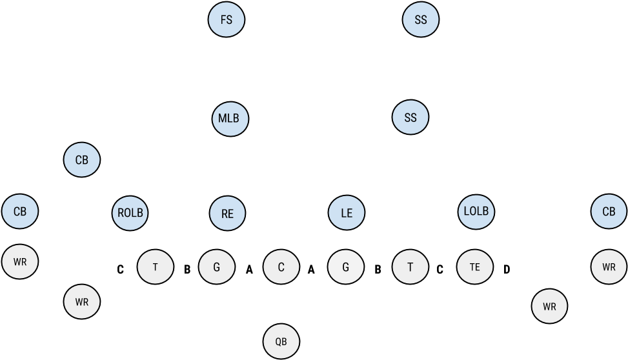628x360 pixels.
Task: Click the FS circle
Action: pyautogui.click(x=227, y=20)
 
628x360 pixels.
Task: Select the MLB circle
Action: pyautogui.click(x=230, y=118)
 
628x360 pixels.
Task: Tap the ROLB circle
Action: pyautogui.click(x=130, y=212)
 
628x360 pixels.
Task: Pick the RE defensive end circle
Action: pyautogui.click(x=228, y=213)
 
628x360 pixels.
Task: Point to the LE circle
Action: pyautogui.click(x=347, y=213)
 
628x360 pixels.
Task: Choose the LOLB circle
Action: pyautogui.click(x=477, y=212)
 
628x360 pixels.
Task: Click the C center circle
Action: pyautogui.click(x=281, y=266)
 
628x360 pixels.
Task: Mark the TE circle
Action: pyautogui.click(x=475, y=266)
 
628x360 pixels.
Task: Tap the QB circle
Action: pyautogui.click(x=281, y=341)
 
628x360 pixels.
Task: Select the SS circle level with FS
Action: pyautogui.click(x=421, y=20)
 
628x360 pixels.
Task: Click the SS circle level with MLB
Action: pyautogui.click(x=410, y=118)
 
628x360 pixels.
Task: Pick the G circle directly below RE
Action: pyautogui.click(x=216, y=266)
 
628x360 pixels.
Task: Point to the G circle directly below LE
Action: pyautogui.click(x=346, y=266)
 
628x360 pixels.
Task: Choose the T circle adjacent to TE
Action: pyautogui.click(x=410, y=266)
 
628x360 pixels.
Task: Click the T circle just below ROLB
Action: pyautogui.click(x=156, y=266)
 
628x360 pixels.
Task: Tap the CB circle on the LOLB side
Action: pyautogui.click(x=609, y=212)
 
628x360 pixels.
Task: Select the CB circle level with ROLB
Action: pyautogui.click(x=20, y=212)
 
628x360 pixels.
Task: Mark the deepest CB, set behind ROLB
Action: pyautogui.click(x=82, y=160)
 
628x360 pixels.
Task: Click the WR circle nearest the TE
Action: pyautogui.click(x=549, y=307)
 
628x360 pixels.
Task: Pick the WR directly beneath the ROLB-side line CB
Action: pyautogui.click(x=20, y=262)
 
